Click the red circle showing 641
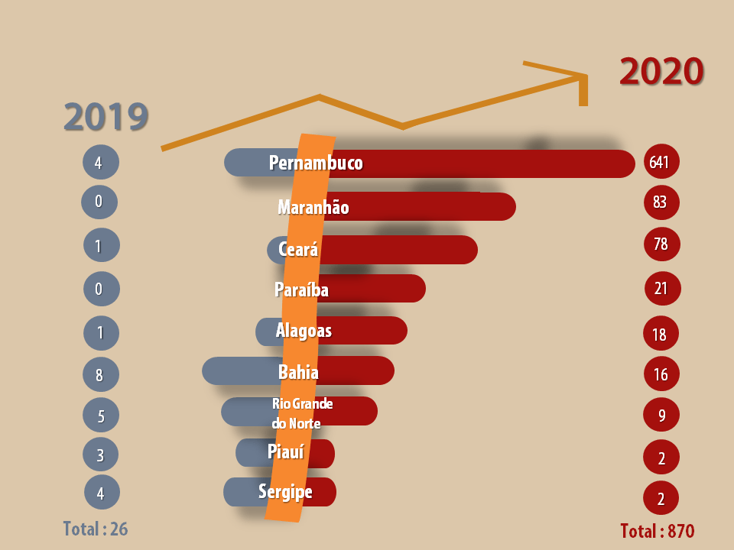tap(662, 162)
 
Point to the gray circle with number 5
tap(101, 416)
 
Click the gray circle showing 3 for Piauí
tap(101, 455)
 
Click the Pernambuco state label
tap(316, 163)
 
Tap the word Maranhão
tap(313, 207)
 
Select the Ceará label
tap(298, 249)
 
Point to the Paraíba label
tap(301, 290)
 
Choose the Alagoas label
tap(304, 331)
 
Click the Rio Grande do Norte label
tap(302, 412)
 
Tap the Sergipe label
tap(285, 491)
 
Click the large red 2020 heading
tap(661, 72)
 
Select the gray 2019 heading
tap(106, 116)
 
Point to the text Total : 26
tap(95, 529)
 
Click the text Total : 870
tap(657, 531)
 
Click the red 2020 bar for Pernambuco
tap(489, 163)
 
